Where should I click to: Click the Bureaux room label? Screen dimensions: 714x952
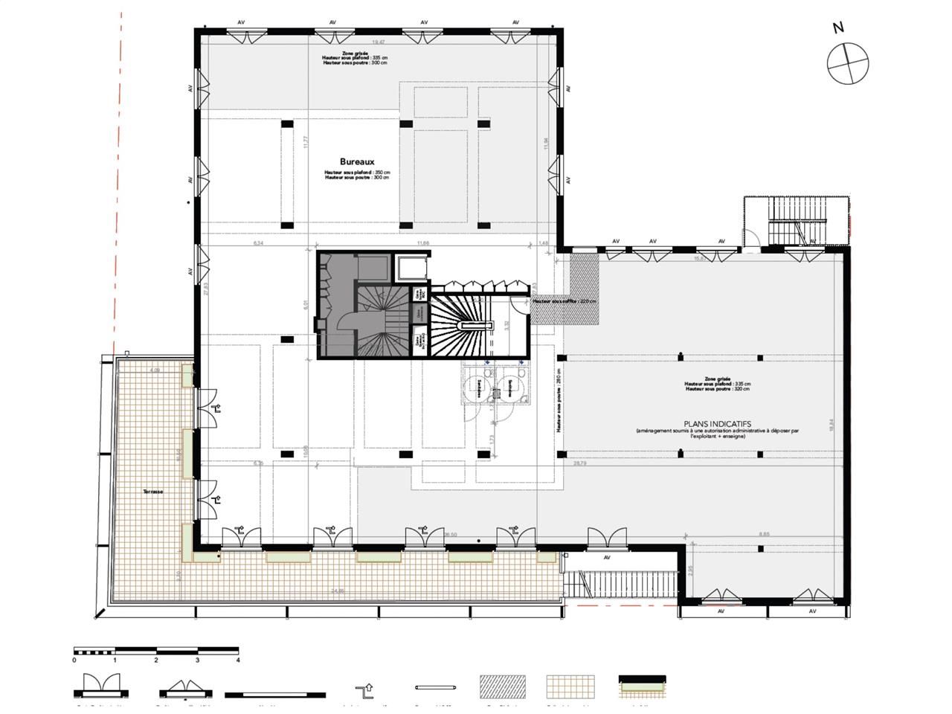356,161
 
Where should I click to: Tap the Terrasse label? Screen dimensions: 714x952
154,492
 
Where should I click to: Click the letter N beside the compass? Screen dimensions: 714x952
838,28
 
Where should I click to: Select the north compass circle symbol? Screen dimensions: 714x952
847,63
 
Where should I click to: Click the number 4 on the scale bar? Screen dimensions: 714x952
238,660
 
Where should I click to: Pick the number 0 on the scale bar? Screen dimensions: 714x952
74,660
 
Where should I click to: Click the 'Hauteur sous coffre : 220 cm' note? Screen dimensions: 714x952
565,301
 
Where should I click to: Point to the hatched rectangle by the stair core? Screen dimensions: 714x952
584,289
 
